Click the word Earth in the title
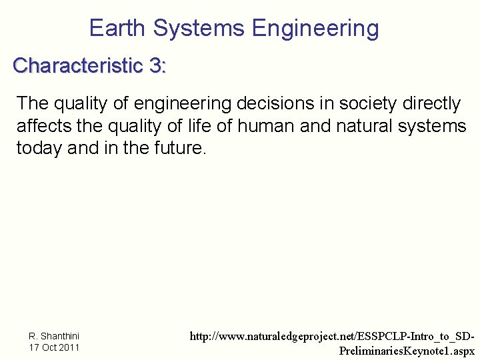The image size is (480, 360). [x=117, y=29]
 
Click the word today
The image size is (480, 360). [x=39, y=148]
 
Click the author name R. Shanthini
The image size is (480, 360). [x=54, y=337]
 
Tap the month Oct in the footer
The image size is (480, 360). [x=48, y=347]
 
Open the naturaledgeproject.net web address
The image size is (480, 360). [x=333, y=337]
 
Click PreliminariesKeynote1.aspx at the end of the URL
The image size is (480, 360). [x=407, y=351]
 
